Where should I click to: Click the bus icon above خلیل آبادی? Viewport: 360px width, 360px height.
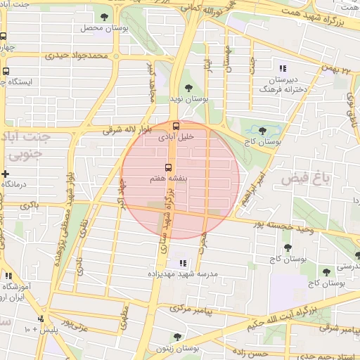click(x=176, y=126)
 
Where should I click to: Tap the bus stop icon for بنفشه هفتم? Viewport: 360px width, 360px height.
click(x=168, y=167)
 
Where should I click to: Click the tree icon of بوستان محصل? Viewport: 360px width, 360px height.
click(x=105, y=17)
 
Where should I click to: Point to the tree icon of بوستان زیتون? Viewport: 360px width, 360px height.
click(x=176, y=337)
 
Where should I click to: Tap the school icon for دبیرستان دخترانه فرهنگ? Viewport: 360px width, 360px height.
click(x=282, y=68)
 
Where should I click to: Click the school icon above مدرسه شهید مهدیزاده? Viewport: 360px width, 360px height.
click(x=184, y=262)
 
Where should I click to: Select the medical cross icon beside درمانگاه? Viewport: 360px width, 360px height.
click(x=6, y=174)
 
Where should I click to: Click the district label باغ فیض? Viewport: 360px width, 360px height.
click(x=305, y=178)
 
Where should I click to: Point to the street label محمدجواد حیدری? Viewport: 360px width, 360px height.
click(x=77, y=55)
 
